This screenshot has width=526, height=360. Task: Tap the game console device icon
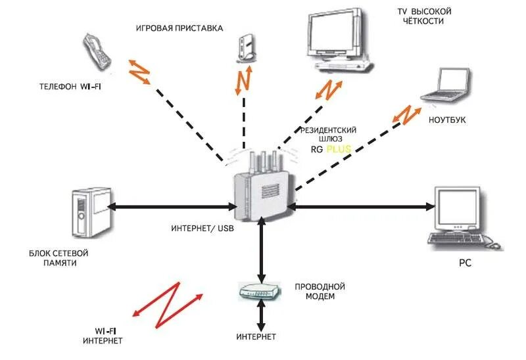[x=247, y=48]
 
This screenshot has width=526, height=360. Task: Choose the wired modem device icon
[x=259, y=291]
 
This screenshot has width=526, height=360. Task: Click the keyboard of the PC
[x=456, y=238]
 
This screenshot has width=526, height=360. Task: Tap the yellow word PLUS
[x=339, y=149]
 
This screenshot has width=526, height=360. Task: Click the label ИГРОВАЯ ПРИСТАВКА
[x=179, y=28]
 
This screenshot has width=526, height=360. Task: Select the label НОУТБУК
[x=447, y=120]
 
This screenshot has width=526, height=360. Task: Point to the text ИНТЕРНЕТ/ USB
[x=203, y=229]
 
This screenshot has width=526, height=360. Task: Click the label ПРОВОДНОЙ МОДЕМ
[x=320, y=292]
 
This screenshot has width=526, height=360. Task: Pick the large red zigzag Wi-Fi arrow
[x=168, y=305]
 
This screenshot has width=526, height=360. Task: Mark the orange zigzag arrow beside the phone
[x=139, y=72]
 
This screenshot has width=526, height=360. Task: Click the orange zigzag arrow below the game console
[x=243, y=80]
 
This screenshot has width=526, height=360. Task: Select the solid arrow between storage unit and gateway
[x=173, y=207]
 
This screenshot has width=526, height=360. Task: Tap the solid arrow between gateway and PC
[x=361, y=207]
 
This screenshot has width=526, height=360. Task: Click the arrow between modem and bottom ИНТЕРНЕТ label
[x=261, y=315]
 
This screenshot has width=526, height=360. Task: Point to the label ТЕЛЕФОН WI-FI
[x=70, y=87]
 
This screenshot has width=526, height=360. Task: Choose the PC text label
[x=465, y=263]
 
